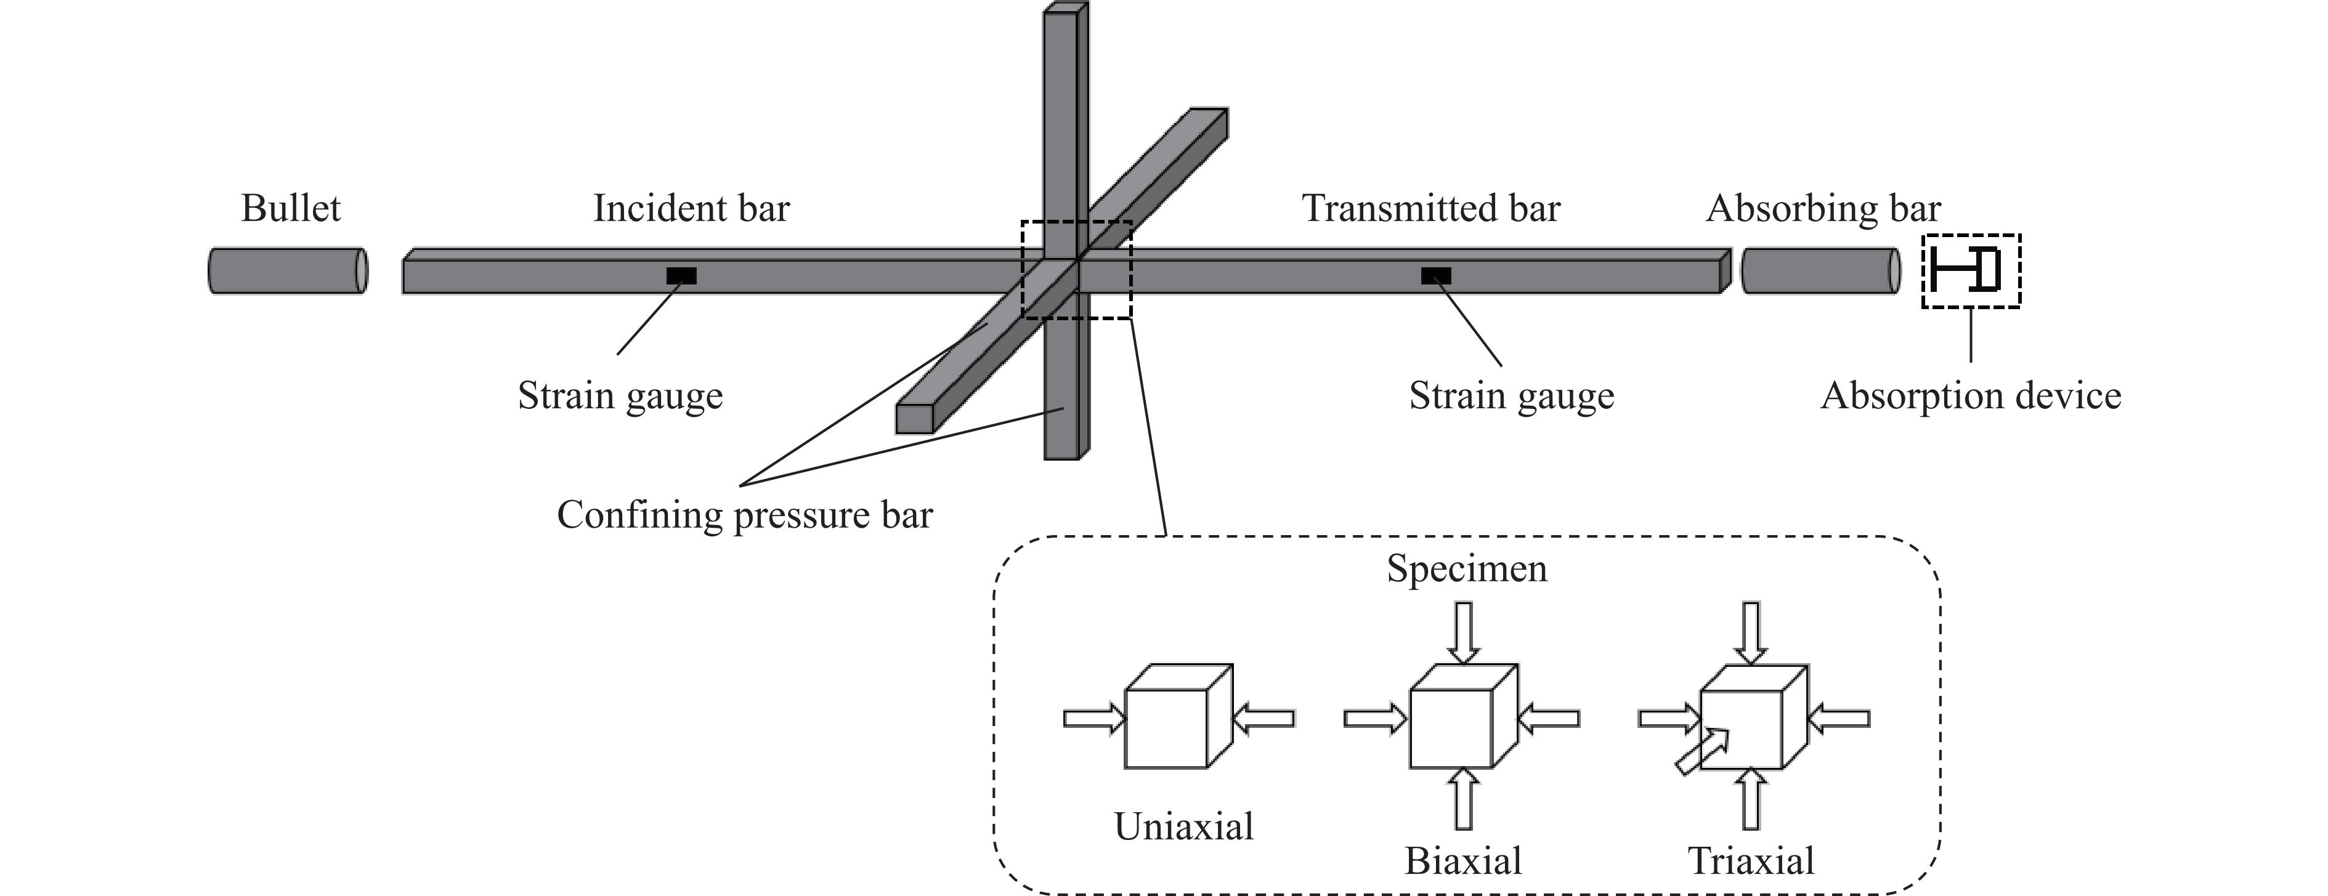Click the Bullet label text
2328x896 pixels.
290,209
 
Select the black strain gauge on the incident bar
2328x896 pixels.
681,275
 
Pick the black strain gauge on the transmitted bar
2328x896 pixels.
1436,275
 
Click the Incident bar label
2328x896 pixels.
691,209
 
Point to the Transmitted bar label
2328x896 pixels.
1430,209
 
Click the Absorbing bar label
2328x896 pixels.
1823,209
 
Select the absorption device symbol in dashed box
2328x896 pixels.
1971,271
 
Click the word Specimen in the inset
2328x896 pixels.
1467,569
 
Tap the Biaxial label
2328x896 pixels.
1463,861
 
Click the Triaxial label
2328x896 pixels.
1751,861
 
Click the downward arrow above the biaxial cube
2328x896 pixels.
1463,632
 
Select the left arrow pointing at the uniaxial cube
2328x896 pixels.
1093,719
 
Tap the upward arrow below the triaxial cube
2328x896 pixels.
1751,799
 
